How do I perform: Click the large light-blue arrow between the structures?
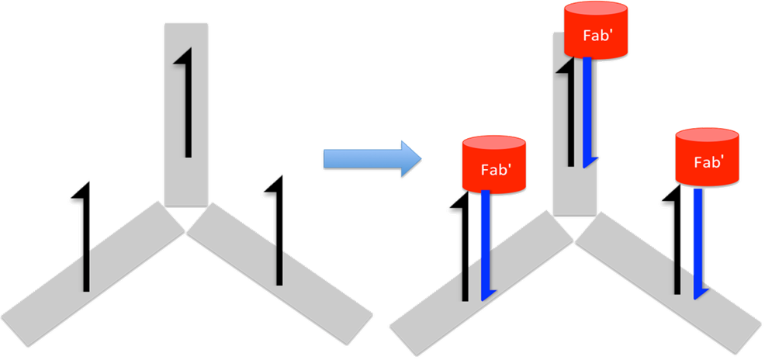click(371, 159)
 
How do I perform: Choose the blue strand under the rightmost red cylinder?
click(699, 241)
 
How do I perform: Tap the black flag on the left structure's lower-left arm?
click(84, 241)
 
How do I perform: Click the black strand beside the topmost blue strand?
click(571, 116)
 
